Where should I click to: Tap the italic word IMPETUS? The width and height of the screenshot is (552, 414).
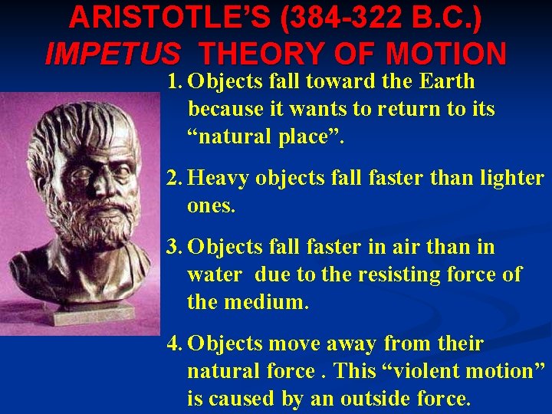point(113,54)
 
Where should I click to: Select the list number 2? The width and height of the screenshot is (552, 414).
point(175,179)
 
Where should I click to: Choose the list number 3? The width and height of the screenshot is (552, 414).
point(175,248)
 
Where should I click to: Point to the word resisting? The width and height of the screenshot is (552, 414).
point(383,274)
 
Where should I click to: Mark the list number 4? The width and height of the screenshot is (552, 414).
point(175,343)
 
